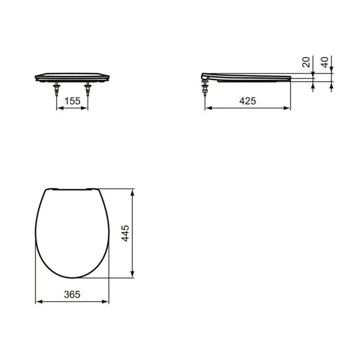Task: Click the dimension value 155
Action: [x=72, y=101]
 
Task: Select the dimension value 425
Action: [x=248, y=101]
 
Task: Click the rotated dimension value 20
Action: [x=306, y=62]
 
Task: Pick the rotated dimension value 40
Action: [x=326, y=62]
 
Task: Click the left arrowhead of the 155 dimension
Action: [x=58, y=108]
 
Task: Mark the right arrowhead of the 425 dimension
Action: [x=288, y=108]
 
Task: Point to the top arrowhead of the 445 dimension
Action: [x=132, y=192]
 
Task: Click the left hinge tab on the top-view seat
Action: [x=52, y=189]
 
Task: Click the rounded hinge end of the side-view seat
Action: [x=204, y=76]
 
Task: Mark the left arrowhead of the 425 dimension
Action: [x=207, y=108]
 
